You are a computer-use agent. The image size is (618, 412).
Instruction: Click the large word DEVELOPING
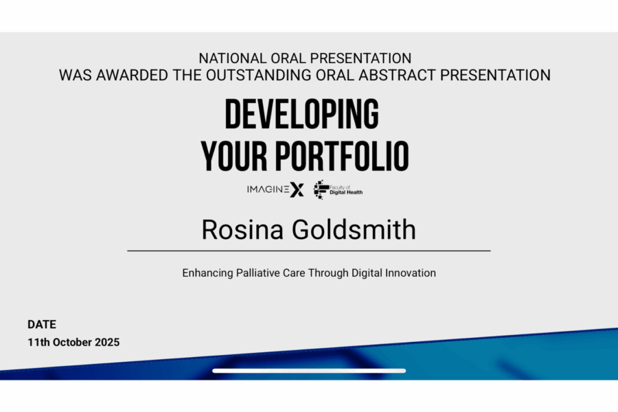coord(302,115)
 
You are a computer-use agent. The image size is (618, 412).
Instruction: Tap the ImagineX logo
coord(275,190)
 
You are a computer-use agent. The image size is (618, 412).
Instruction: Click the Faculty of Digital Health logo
coord(338,190)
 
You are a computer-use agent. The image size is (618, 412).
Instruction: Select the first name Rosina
coord(244,230)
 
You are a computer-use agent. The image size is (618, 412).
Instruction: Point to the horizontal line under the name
coord(309,251)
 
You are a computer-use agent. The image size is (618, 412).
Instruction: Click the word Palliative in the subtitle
coord(260,273)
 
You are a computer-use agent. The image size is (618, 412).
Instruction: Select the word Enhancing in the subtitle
coord(207,273)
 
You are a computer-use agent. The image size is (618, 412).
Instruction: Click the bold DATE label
coord(42,325)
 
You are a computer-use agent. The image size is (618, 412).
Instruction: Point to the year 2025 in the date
coord(106,342)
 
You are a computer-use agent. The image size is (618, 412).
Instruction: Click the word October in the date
coord(72,342)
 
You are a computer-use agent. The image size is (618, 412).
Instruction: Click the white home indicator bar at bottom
coord(309,371)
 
